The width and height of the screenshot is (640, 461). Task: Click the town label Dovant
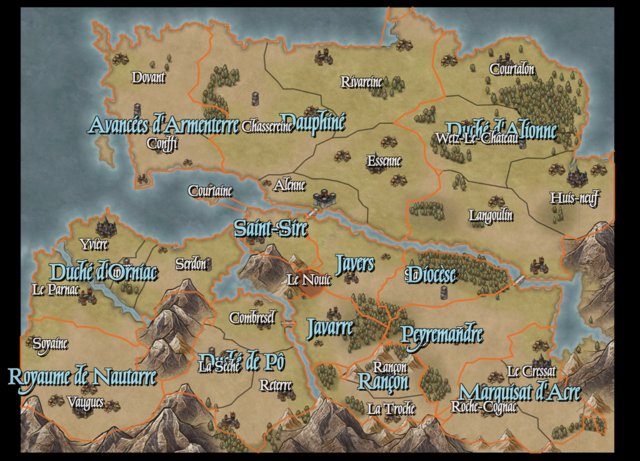[x=148, y=78]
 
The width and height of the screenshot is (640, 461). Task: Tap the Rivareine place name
[x=361, y=82]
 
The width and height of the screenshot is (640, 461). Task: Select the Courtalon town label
[x=512, y=69]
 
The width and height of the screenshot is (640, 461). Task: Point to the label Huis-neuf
[x=574, y=199]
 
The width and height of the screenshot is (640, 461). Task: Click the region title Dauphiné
[x=312, y=121]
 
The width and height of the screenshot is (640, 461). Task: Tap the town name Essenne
[x=384, y=161]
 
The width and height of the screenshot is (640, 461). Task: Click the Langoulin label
[x=491, y=216]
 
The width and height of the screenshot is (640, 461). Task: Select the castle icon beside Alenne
[x=324, y=199]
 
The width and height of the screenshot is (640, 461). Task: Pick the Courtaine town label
[x=211, y=191]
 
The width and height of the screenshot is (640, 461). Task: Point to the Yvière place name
[x=94, y=243]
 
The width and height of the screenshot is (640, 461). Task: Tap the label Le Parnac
[x=56, y=290]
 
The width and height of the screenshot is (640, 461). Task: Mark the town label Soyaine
[x=50, y=344]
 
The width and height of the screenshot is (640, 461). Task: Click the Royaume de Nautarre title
[x=82, y=377]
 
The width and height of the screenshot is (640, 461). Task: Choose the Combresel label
[x=252, y=318]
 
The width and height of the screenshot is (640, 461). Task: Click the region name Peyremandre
[x=442, y=332]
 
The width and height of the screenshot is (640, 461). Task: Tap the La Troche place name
[x=391, y=409]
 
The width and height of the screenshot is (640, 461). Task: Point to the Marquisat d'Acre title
[x=519, y=393]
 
